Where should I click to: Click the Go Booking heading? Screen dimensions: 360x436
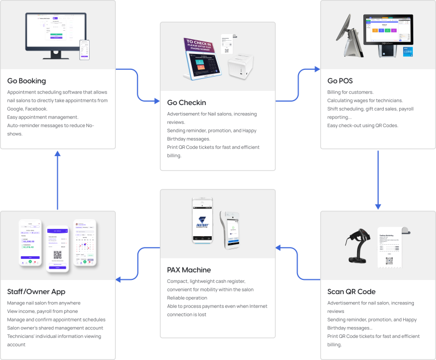click(x=27, y=81)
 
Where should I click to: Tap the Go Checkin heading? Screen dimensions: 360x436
click(x=186, y=103)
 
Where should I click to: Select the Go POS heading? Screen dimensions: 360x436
click(x=340, y=81)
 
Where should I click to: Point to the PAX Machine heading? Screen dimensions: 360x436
click(x=188, y=270)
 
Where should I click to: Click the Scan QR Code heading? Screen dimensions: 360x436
click(x=351, y=292)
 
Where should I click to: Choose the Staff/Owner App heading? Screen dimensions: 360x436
click(x=36, y=292)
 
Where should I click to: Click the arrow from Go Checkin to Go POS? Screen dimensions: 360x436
click(x=299, y=85)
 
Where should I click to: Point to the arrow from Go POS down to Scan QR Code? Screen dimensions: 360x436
click(x=378, y=179)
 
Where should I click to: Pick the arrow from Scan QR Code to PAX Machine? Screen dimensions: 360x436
click(x=299, y=263)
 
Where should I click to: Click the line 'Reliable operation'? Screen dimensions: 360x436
click(x=187, y=298)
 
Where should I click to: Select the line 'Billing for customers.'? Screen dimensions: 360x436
click(x=350, y=92)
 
